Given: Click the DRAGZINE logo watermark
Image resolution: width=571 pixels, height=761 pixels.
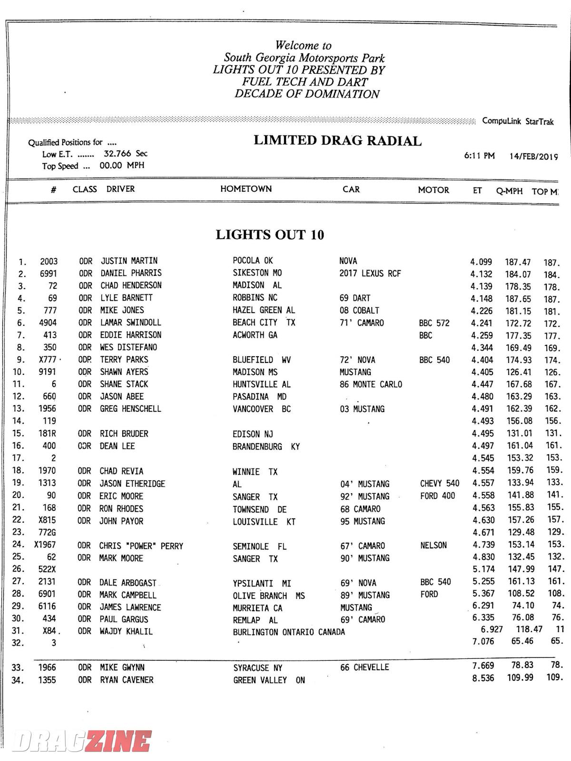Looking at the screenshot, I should tap(82, 741).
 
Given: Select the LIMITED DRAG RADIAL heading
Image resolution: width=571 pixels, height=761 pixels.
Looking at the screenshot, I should tap(337, 140).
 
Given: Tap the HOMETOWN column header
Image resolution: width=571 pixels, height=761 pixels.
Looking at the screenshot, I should tap(246, 189).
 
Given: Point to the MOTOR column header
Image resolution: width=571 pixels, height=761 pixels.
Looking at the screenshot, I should tap(433, 190).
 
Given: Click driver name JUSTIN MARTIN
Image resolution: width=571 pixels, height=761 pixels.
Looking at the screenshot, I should tap(129, 261).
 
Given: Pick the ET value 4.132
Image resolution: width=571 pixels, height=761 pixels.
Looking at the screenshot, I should tap(482, 274).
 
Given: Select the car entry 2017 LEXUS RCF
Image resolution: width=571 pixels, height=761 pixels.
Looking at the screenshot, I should tap(370, 273).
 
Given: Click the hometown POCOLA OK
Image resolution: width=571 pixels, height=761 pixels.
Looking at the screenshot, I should tap(253, 261).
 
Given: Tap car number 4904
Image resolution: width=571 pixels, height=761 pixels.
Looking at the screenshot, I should tap(48, 322).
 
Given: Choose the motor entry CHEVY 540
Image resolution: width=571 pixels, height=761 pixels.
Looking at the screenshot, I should tap(440, 484).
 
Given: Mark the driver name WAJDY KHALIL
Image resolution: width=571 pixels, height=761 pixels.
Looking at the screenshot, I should tap(126, 632).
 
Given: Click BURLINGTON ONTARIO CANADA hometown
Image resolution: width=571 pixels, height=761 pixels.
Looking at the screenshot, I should tap(289, 632).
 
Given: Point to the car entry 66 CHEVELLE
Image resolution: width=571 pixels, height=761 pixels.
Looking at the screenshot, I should tap(364, 667).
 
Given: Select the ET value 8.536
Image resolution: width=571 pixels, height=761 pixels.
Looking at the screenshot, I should tap(483, 678).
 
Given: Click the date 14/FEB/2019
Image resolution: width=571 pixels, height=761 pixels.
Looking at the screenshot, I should tap(533, 156).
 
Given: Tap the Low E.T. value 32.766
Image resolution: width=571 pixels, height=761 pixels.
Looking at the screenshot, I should tap(118, 154).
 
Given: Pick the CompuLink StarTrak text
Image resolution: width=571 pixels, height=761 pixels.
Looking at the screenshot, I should tap(518, 121).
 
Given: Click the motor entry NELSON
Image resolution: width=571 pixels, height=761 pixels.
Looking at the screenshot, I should tap(433, 545).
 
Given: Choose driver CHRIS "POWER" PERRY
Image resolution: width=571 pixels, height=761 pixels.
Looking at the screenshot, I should tap(141, 546).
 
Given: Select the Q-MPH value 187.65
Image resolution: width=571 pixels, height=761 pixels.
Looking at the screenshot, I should tap(518, 299).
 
